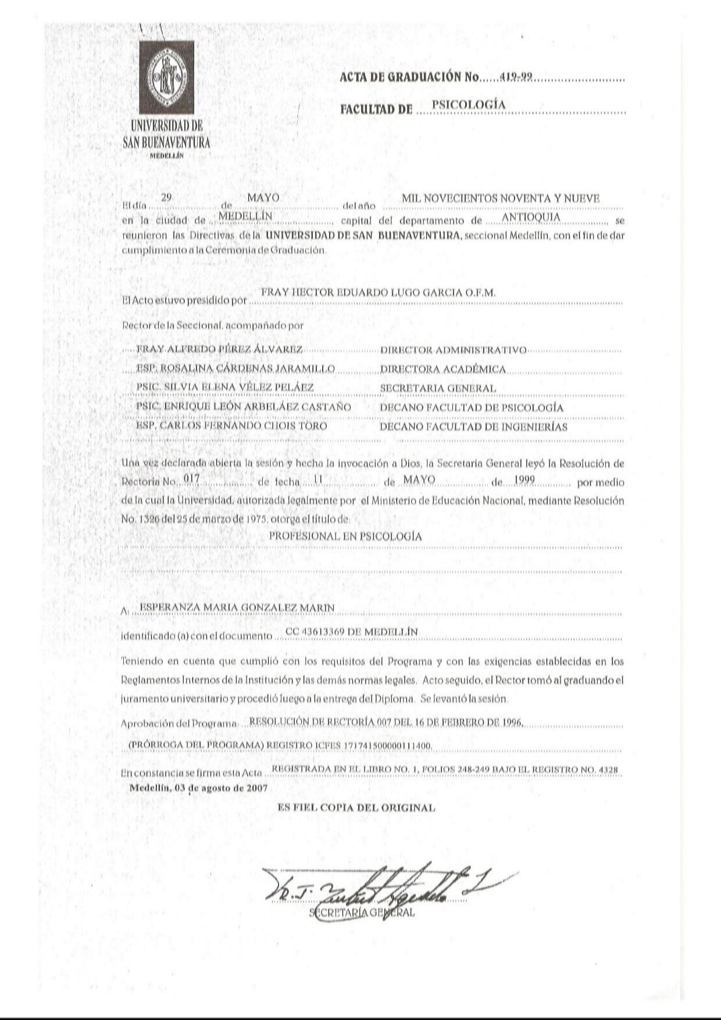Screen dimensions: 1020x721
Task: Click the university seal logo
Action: (x=166, y=77)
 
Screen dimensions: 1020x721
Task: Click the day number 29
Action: (x=167, y=198)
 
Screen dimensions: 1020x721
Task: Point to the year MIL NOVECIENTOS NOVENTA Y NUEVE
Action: (x=505, y=199)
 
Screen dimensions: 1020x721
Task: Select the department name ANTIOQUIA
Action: (x=531, y=217)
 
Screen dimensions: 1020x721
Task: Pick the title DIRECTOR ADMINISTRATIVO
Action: (x=453, y=350)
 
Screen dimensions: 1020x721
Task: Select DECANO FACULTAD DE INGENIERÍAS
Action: (x=473, y=427)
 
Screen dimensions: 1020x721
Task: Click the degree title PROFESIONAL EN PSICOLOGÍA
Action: (x=345, y=536)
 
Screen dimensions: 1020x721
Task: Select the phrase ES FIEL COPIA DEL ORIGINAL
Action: (x=356, y=807)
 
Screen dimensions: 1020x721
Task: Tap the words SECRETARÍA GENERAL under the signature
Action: (x=363, y=912)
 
